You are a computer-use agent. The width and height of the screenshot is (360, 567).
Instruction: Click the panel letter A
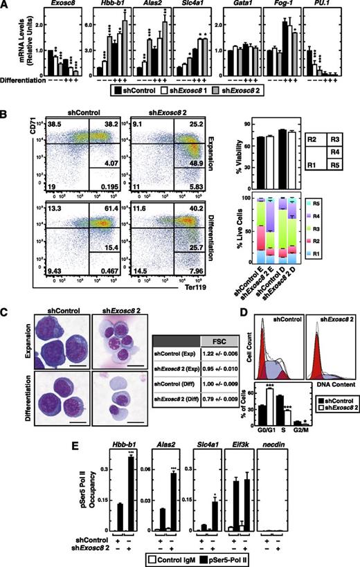click(x=6, y=6)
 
